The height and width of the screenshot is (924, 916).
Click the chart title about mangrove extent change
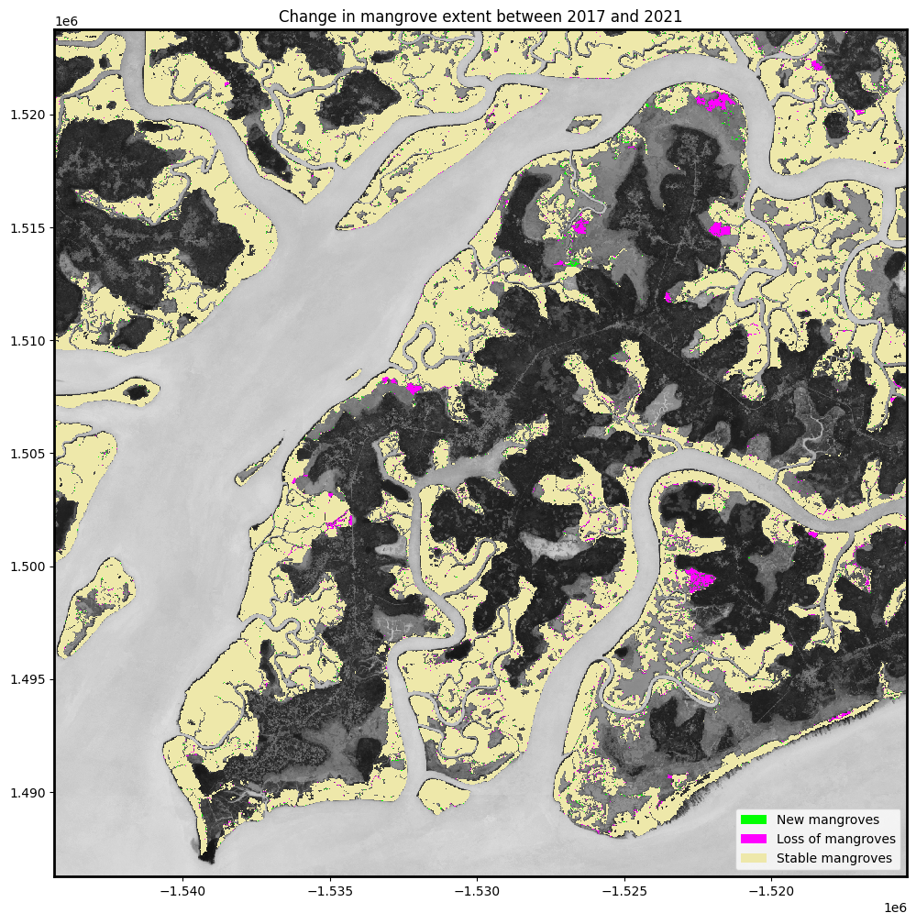(480, 16)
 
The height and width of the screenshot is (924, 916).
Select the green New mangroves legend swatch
(753, 819)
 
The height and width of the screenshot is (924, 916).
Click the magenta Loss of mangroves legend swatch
(753, 839)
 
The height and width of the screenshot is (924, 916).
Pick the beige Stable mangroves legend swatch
(753, 859)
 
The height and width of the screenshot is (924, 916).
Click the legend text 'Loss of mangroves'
(835, 839)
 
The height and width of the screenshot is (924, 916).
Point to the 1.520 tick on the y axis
(28, 115)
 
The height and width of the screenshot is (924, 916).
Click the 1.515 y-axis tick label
(28, 227)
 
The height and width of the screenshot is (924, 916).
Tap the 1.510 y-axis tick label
(28, 341)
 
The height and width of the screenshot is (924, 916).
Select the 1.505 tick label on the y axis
(28, 454)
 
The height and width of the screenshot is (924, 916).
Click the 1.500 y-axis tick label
(28, 566)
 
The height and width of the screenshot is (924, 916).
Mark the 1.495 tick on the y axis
(28, 679)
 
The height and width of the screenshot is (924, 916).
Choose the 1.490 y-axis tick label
(28, 793)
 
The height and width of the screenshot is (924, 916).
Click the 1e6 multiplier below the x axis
(895, 907)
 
